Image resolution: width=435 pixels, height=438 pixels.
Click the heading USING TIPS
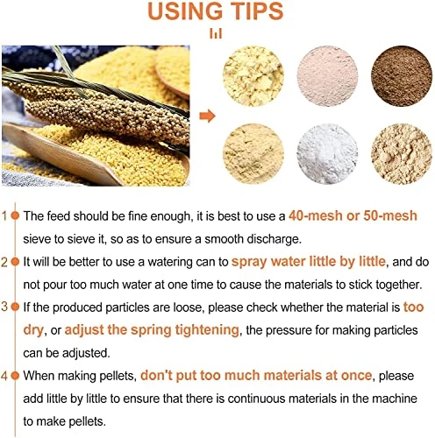click(x=216, y=11)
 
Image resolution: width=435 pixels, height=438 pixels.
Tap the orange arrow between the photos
click(x=207, y=116)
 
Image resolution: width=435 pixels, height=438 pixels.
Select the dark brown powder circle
click(x=402, y=76)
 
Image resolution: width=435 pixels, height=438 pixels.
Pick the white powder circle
click(x=327, y=154)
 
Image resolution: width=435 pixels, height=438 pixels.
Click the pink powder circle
click(x=327, y=76)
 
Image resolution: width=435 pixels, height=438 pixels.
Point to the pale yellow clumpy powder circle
click(x=253, y=76)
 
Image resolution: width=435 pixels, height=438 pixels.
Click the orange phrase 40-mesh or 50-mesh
click(x=353, y=215)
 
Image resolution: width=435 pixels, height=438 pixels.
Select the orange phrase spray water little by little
click(x=309, y=262)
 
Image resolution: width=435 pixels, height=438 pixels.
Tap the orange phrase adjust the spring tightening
click(x=152, y=330)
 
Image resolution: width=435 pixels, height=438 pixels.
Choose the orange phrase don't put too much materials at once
click(x=256, y=375)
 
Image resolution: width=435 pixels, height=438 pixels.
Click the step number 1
click(x=4, y=216)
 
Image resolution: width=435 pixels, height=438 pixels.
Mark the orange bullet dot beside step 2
click(x=15, y=262)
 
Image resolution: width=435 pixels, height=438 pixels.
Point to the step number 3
click(x=4, y=307)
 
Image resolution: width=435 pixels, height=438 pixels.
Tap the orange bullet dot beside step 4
click(x=15, y=376)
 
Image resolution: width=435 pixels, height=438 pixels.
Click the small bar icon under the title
click(x=216, y=33)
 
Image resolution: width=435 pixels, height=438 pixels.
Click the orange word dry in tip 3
click(x=33, y=330)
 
